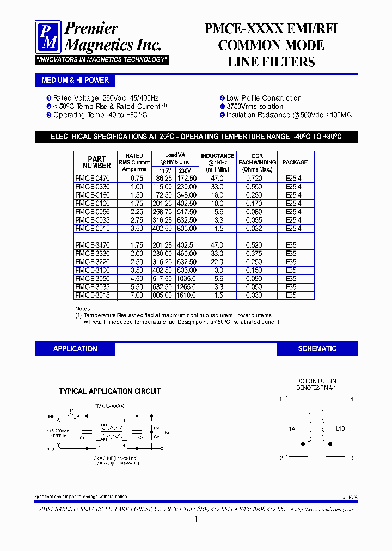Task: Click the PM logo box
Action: point(48,36)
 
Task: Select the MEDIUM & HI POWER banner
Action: point(75,80)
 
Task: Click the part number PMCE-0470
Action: point(92,178)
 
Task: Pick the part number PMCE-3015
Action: point(92,295)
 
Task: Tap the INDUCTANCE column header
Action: point(217,159)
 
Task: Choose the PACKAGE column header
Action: point(296,162)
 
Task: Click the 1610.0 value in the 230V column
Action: point(187,295)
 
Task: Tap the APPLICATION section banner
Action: point(75,348)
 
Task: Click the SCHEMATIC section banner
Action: point(317,348)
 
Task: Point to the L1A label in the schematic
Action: point(290,429)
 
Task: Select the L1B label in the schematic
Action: point(340,429)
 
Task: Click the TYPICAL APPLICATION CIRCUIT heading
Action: point(109,391)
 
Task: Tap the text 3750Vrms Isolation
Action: point(254,107)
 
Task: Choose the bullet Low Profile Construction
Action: point(264,98)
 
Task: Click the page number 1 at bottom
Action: point(196,519)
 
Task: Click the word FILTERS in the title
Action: point(294,62)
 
